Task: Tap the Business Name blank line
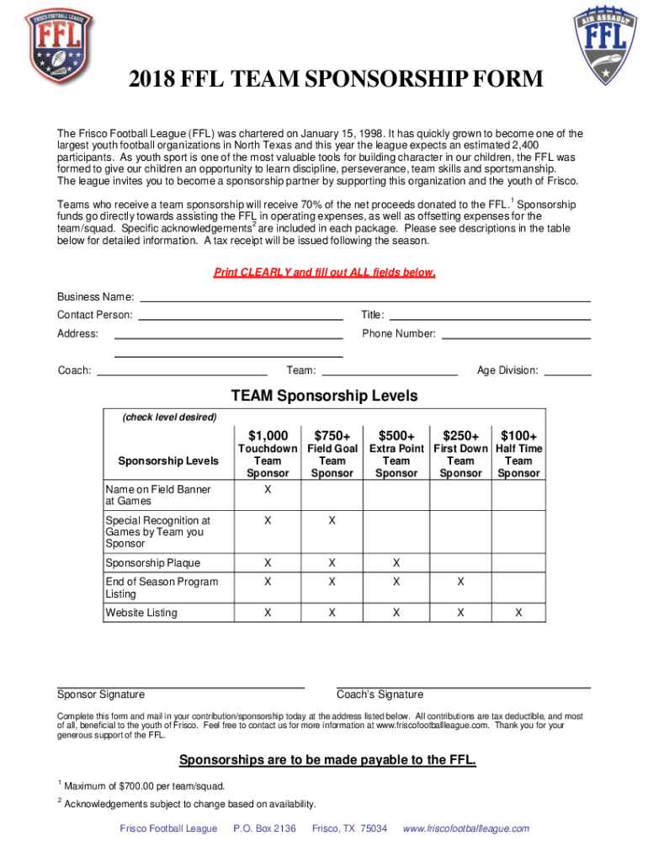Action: (364, 300)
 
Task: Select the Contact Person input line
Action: (240, 318)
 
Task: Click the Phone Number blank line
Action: (516, 337)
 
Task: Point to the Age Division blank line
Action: (571, 373)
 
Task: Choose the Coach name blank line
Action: (182, 373)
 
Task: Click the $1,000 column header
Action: (268, 435)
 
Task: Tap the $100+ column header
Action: (518, 435)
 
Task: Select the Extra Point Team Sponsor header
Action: (396, 460)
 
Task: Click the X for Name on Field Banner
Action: (268, 490)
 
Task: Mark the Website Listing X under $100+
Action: (518, 613)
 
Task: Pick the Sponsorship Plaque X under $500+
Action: (396, 562)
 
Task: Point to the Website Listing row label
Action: (141, 613)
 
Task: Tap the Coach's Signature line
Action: (463, 687)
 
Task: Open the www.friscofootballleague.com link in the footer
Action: (466, 828)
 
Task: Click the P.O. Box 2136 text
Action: (264, 828)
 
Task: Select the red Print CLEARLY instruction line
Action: (324, 273)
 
